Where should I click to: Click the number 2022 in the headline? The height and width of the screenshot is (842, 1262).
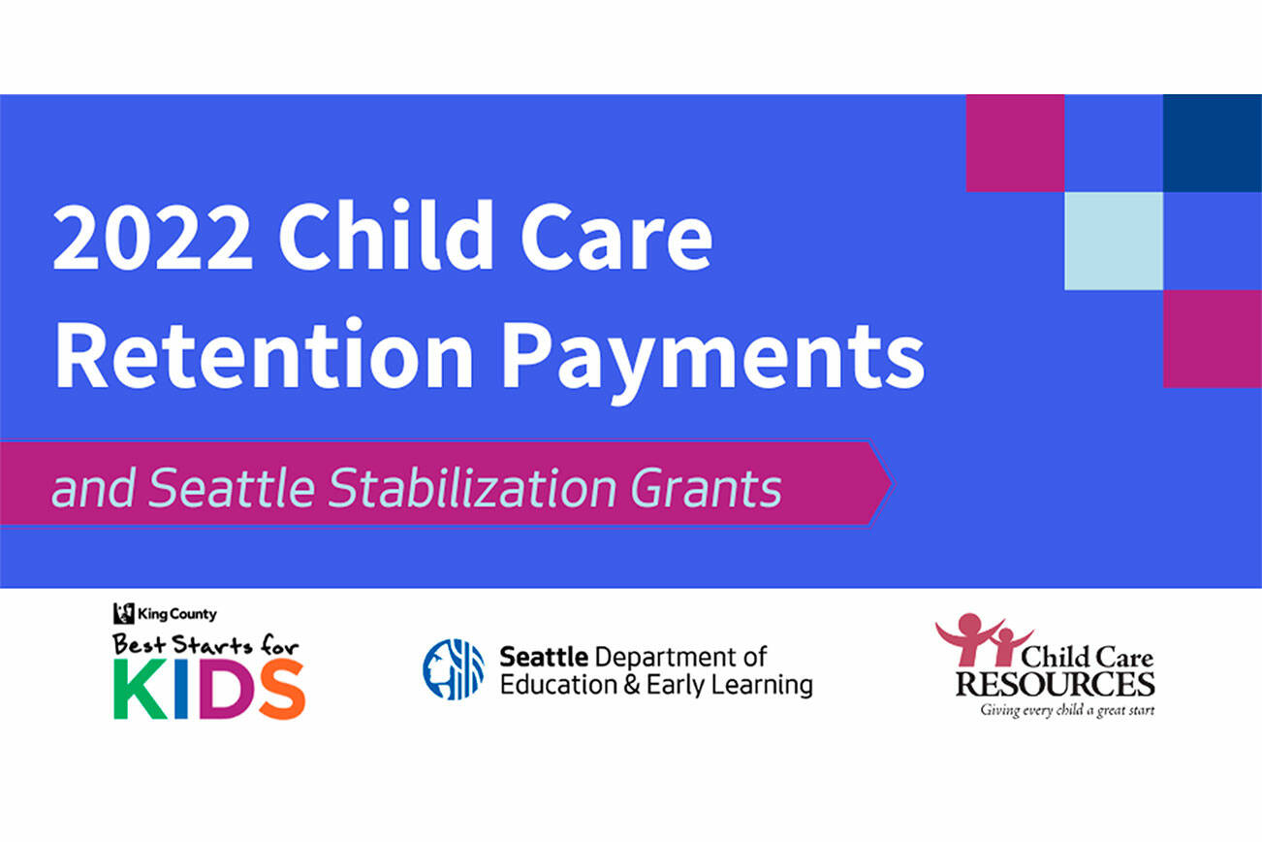click(152, 237)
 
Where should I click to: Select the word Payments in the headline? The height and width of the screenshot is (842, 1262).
click(713, 362)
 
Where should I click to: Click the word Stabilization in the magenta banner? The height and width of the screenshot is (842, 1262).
click(472, 487)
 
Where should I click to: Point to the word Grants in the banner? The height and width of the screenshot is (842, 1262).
click(707, 488)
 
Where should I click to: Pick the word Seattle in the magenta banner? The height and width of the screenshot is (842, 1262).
click(232, 487)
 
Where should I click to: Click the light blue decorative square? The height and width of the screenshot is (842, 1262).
click(1114, 241)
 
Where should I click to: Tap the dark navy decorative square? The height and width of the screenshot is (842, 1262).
click(1213, 144)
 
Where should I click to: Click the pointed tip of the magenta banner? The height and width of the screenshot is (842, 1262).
click(892, 483)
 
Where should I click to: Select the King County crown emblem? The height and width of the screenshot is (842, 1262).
click(123, 614)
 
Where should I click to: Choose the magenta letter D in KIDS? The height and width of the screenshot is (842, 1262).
click(219, 690)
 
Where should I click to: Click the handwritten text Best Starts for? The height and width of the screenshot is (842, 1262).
click(205, 645)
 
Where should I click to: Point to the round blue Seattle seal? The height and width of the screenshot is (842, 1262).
click(454, 669)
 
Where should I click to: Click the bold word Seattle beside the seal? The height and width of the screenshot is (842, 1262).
click(544, 657)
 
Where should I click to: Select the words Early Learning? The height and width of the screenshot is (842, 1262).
click(730, 686)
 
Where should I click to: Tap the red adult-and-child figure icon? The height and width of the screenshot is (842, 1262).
click(983, 638)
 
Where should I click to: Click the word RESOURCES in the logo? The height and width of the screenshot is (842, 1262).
click(1056, 684)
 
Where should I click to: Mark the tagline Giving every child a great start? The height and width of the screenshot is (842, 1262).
click(1067, 711)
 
